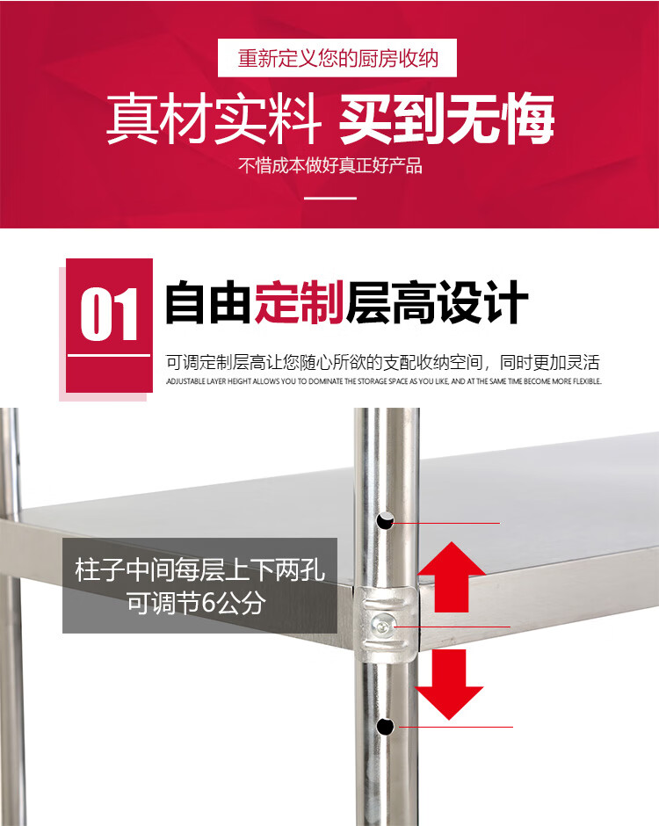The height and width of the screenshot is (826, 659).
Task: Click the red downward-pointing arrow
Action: tap(449, 685)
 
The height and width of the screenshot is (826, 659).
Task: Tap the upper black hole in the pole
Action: tap(385, 520)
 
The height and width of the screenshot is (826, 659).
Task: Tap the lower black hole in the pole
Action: tap(385, 726)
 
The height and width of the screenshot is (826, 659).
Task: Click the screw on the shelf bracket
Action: tap(381, 626)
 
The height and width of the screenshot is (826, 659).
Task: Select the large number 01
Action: tap(109, 315)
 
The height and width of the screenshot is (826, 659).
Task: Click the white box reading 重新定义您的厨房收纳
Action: tap(337, 58)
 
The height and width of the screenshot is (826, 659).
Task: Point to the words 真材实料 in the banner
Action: tap(214, 119)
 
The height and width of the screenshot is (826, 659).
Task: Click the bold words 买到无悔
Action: tap(446, 119)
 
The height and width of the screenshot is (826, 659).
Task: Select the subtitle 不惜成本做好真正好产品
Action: tap(330, 165)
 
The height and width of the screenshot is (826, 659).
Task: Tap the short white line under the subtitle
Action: tap(330, 198)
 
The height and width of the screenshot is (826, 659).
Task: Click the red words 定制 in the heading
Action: tap(300, 302)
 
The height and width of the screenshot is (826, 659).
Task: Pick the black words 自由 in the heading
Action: tap(208, 302)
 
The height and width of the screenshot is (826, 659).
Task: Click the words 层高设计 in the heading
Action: tap(437, 302)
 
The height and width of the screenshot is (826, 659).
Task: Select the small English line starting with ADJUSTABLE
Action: tap(384, 380)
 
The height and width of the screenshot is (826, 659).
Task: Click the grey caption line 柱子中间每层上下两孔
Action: tap(199, 570)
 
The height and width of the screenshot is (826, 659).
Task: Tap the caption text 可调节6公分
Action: tap(195, 603)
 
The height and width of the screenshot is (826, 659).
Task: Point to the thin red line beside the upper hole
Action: tap(446, 523)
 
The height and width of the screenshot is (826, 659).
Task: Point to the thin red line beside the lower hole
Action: tap(456, 727)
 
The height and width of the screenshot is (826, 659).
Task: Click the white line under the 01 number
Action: tap(109, 356)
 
